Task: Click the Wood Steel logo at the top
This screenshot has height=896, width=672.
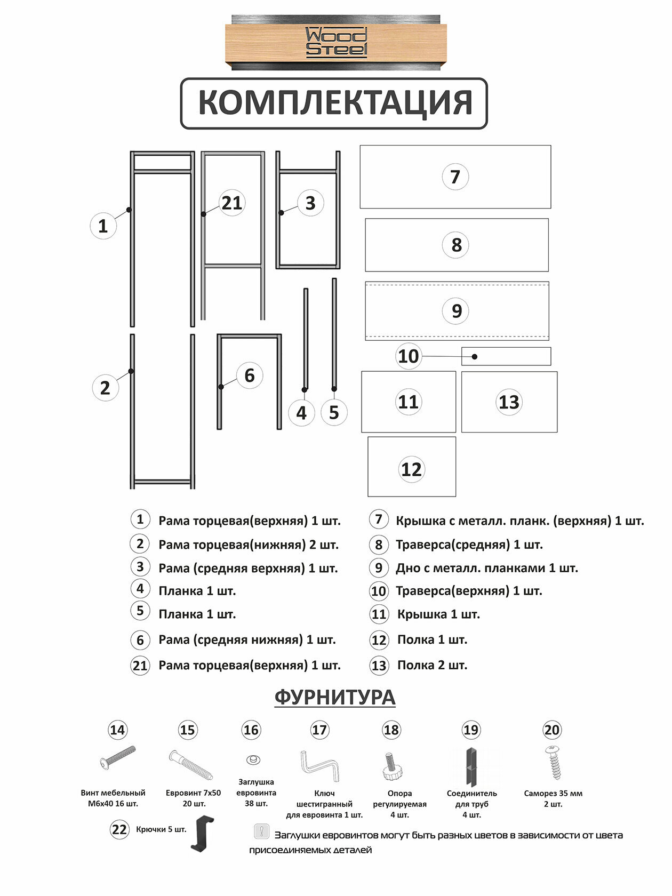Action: point(336,43)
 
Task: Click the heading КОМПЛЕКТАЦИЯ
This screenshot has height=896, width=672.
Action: point(334,103)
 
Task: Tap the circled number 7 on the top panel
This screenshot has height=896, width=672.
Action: point(455,177)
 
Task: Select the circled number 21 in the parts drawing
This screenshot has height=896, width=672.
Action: point(232,203)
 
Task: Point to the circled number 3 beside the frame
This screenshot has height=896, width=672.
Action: point(310,203)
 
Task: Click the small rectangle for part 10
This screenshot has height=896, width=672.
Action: point(506,356)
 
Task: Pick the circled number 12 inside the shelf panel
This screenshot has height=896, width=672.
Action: point(411,469)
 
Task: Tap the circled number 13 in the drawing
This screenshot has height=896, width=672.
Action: point(509,402)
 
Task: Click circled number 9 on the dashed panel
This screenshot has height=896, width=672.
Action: point(457,310)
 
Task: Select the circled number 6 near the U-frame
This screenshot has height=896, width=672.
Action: point(249,375)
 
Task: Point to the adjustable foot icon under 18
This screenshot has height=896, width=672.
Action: point(392,766)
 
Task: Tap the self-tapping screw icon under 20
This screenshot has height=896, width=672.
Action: point(553,763)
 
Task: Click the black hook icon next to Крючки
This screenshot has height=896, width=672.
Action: point(202,834)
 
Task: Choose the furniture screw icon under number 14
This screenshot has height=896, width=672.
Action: point(118,758)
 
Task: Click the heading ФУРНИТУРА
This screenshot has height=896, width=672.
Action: point(335,697)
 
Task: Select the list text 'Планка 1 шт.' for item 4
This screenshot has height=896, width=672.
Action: point(197,591)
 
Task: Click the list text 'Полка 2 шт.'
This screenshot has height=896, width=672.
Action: point(432,666)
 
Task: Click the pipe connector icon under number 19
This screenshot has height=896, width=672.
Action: point(471,767)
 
